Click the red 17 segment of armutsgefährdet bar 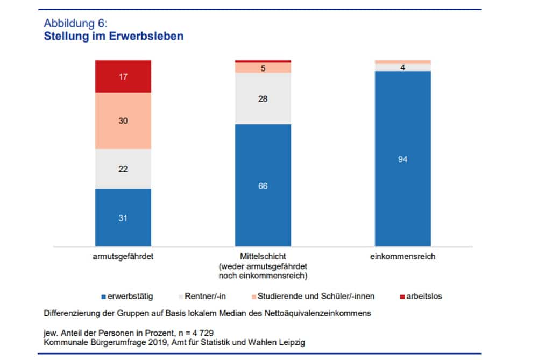pyautogui.click(x=123, y=76)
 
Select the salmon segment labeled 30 pyautogui.click(x=123, y=121)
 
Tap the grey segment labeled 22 pyautogui.click(x=123, y=168)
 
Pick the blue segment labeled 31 pyautogui.click(x=123, y=217)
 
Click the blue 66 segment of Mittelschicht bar pyautogui.click(x=263, y=186)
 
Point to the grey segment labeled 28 pyautogui.click(x=263, y=98)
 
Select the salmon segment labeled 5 pyautogui.click(x=263, y=68)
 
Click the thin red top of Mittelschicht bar pyautogui.click(x=263, y=61)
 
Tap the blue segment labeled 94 pyautogui.click(x=403, y=158)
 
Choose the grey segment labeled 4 pyautogui.click(x=403, y=68)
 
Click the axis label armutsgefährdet pyautogui.click(x=123, y=257)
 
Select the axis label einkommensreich pyautogui.click(x=403, y=257)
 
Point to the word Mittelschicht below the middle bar pyautogui.click(x=263, y=257)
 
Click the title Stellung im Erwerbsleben pyautogui.click(x=114, y=37)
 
